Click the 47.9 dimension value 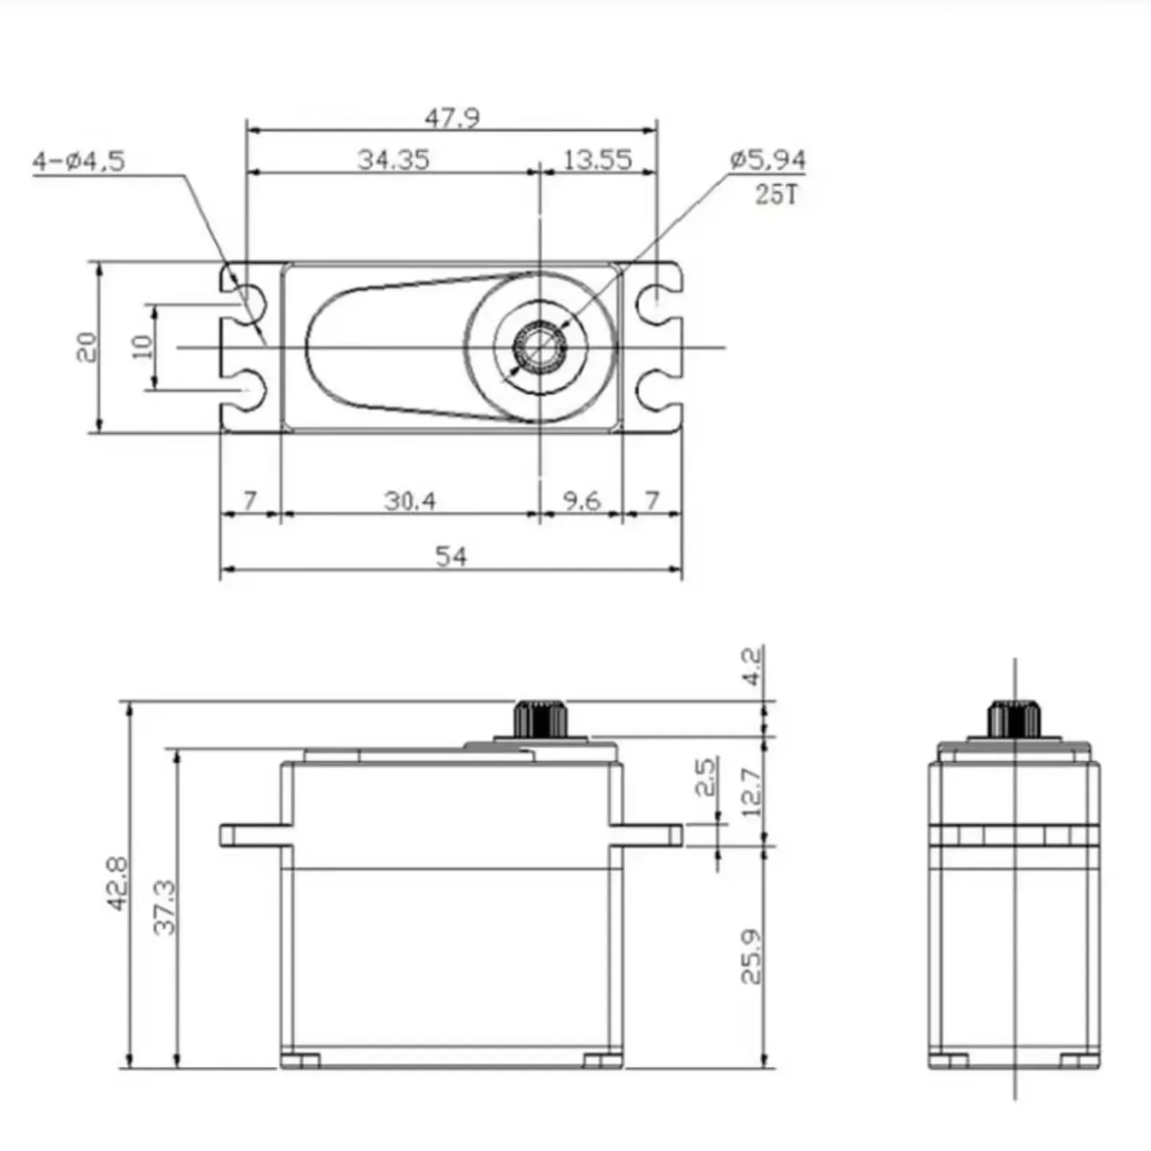452,117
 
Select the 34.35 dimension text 393,159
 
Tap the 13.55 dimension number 597,159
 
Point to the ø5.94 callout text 767,159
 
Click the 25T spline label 775,194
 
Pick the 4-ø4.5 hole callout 78,160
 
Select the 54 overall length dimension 451,556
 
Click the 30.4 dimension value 409,500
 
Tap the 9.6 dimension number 581,500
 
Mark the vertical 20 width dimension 86,347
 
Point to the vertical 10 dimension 142,347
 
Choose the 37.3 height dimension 165,906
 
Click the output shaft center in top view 540,347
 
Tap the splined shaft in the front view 540,718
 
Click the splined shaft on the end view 1014,718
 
